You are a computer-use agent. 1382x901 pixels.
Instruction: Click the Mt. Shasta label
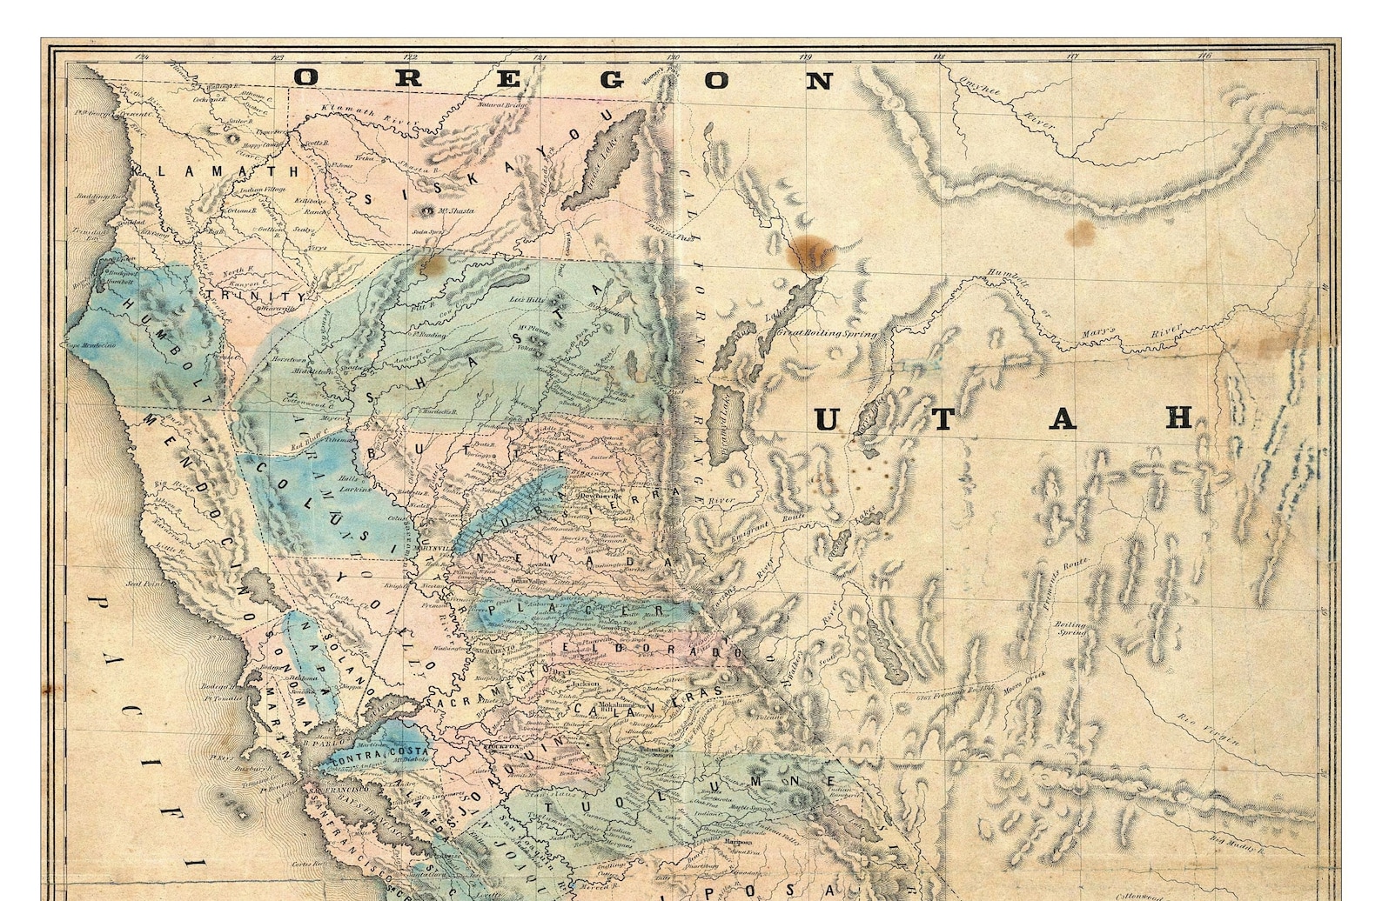pos(448,211)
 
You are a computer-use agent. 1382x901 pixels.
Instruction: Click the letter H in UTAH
pos(1179,418)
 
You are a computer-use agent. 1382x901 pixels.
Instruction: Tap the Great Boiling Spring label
pos(825,333)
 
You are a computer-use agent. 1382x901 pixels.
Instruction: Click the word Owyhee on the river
pos(980,87)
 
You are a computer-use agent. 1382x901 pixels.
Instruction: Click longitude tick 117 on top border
pos(1072,57)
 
